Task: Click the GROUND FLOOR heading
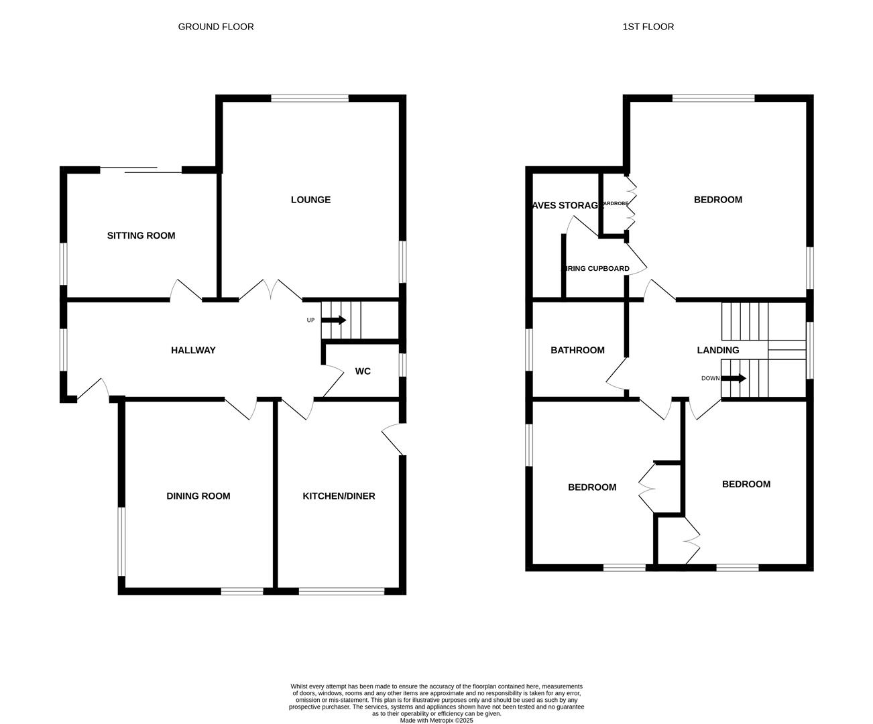215,27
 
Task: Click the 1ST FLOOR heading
648,27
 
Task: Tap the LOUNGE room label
310,200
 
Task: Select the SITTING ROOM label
141,236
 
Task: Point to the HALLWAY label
193,350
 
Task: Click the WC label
363,371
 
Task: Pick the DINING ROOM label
198,496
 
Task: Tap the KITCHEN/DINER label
339,496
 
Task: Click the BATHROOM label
577,350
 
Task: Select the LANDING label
717,350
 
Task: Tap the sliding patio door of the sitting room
141,170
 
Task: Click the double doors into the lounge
270,290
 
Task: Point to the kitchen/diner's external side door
392,439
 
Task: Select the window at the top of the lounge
310,99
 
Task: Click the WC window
402,365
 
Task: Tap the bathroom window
529,349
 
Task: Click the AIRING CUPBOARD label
595,269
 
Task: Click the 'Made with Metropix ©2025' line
436,721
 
